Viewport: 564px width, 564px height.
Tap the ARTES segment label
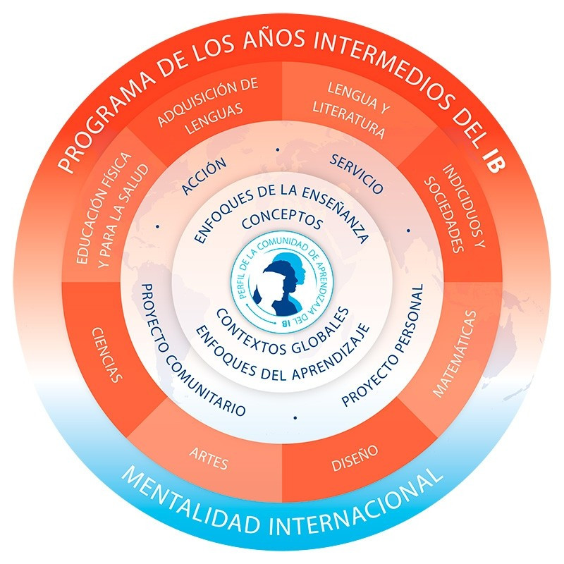tap(209, 459)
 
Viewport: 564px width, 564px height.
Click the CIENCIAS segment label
tap(106, 353)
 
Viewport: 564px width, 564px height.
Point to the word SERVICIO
tap(357, 173)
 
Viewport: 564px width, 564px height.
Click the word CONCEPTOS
tap(282, 221)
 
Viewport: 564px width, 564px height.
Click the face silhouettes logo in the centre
tap(281, 282)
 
